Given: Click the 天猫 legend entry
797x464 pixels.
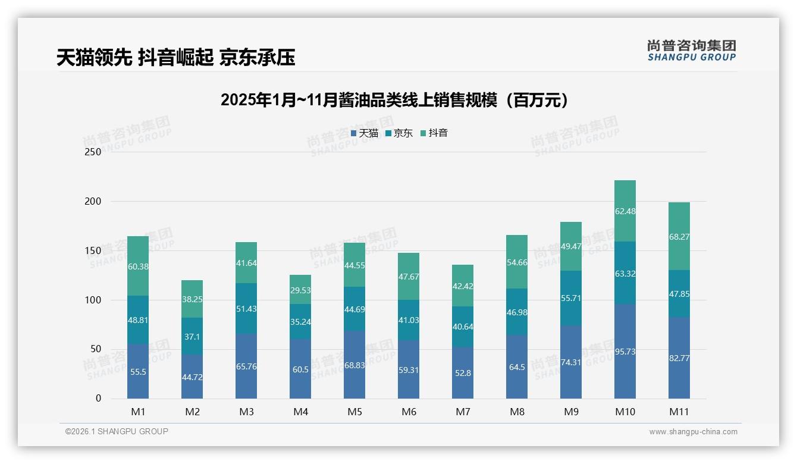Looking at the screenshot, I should (x=364, y=133).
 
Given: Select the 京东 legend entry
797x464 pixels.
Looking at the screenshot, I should (x=398, y=133).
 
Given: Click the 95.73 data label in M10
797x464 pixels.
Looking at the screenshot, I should (x=625, y=352).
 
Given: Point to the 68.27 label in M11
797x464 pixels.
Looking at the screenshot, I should (x=679, y=237).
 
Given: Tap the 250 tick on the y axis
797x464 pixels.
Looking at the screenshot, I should (x=93, y=152).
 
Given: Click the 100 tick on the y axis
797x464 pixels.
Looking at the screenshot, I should (x=93, y=300).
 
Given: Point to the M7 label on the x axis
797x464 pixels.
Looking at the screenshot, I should (x=463, y=412).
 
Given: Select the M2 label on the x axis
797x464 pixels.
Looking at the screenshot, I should (x=192, y=412).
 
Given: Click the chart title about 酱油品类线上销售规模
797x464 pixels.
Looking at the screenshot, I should (x=394, y=100).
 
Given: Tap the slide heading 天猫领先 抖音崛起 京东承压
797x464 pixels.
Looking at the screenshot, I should (x=175, y=57).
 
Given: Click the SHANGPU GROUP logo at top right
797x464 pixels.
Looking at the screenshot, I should (x=691, y=51).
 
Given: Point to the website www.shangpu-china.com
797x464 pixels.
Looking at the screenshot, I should (x=693, y=432).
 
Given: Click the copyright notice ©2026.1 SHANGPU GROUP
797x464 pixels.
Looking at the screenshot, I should (x=117, y=431).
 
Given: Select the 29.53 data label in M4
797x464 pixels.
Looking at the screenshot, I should (x=300, y=290).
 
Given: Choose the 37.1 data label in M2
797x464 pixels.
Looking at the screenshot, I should (x=192, y=337).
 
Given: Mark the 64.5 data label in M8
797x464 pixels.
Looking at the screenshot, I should (x=517, y=367).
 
